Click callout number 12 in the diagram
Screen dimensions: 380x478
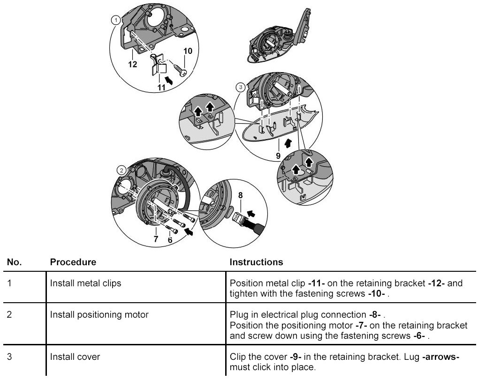[x=133, y=64]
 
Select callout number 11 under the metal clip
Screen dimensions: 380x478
[x=162, y=87]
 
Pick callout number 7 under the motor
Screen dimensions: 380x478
[x=156, y=239]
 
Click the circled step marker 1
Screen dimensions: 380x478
[x=114, y=20]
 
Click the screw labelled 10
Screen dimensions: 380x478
[x=180, y=70]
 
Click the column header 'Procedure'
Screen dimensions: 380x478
[x=73, y=262]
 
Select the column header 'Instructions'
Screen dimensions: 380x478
[x=256, y=262]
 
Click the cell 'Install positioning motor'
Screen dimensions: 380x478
[x=99, y=315]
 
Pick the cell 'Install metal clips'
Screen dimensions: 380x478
[x=85, y=283]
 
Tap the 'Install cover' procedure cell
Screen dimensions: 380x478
[x=75, y=357]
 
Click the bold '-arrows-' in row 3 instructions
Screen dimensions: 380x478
[x=440, y=357]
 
